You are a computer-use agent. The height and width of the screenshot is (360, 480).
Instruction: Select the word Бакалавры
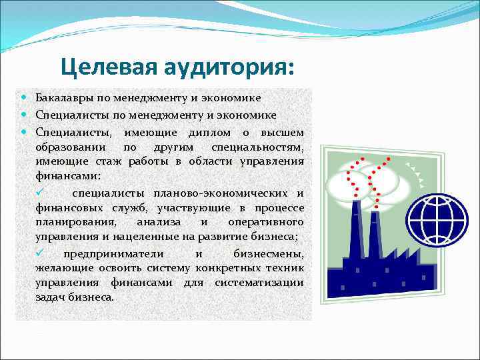click(x=65, y=99)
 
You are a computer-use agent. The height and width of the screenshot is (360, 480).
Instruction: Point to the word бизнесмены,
click(x=269, y=254)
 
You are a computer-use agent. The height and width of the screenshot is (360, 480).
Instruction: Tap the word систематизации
click(x=259, y=283)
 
